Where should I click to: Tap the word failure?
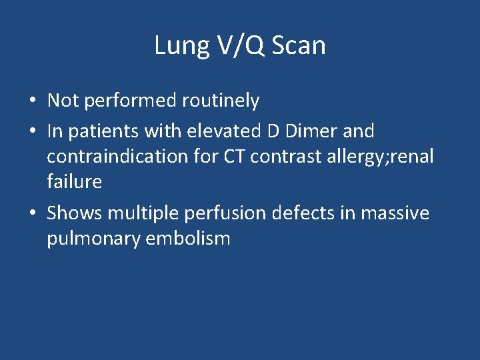(x=74, y=181)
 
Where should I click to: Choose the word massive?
(x=396, y=213)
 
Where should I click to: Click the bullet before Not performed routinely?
(x=33, y=101)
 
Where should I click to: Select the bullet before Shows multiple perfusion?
(x=33, y=214)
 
